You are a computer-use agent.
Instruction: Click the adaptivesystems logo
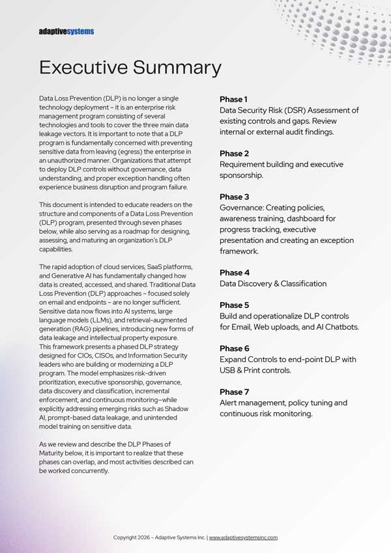tap(66, 31)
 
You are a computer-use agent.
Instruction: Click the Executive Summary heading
tap(130, 67)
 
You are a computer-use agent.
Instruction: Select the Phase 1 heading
tap(233, 99)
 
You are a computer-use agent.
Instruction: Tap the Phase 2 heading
tap(234, 154)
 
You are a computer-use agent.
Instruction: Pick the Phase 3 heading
tap(234, 197)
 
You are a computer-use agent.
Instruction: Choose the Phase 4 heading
tap(234, 273)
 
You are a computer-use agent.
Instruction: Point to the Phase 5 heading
tap(234, 305)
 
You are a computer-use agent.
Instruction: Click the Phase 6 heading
tap(234, 348)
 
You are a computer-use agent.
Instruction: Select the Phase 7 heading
tap(234, 391)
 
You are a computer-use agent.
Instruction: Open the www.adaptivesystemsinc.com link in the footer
tap(243, 537)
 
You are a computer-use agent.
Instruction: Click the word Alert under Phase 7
tap(231, 403)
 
